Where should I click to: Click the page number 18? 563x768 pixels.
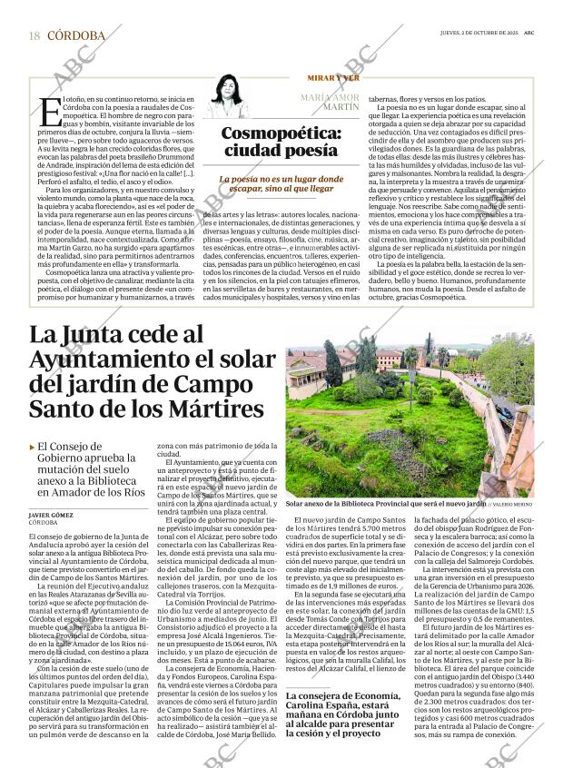[x=34, y=35]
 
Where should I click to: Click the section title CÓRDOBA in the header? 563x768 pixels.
[x=75, y=35]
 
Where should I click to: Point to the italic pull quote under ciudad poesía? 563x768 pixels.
[x=281, y=185]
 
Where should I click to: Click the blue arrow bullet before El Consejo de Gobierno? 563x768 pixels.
[x=34, y=447]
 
